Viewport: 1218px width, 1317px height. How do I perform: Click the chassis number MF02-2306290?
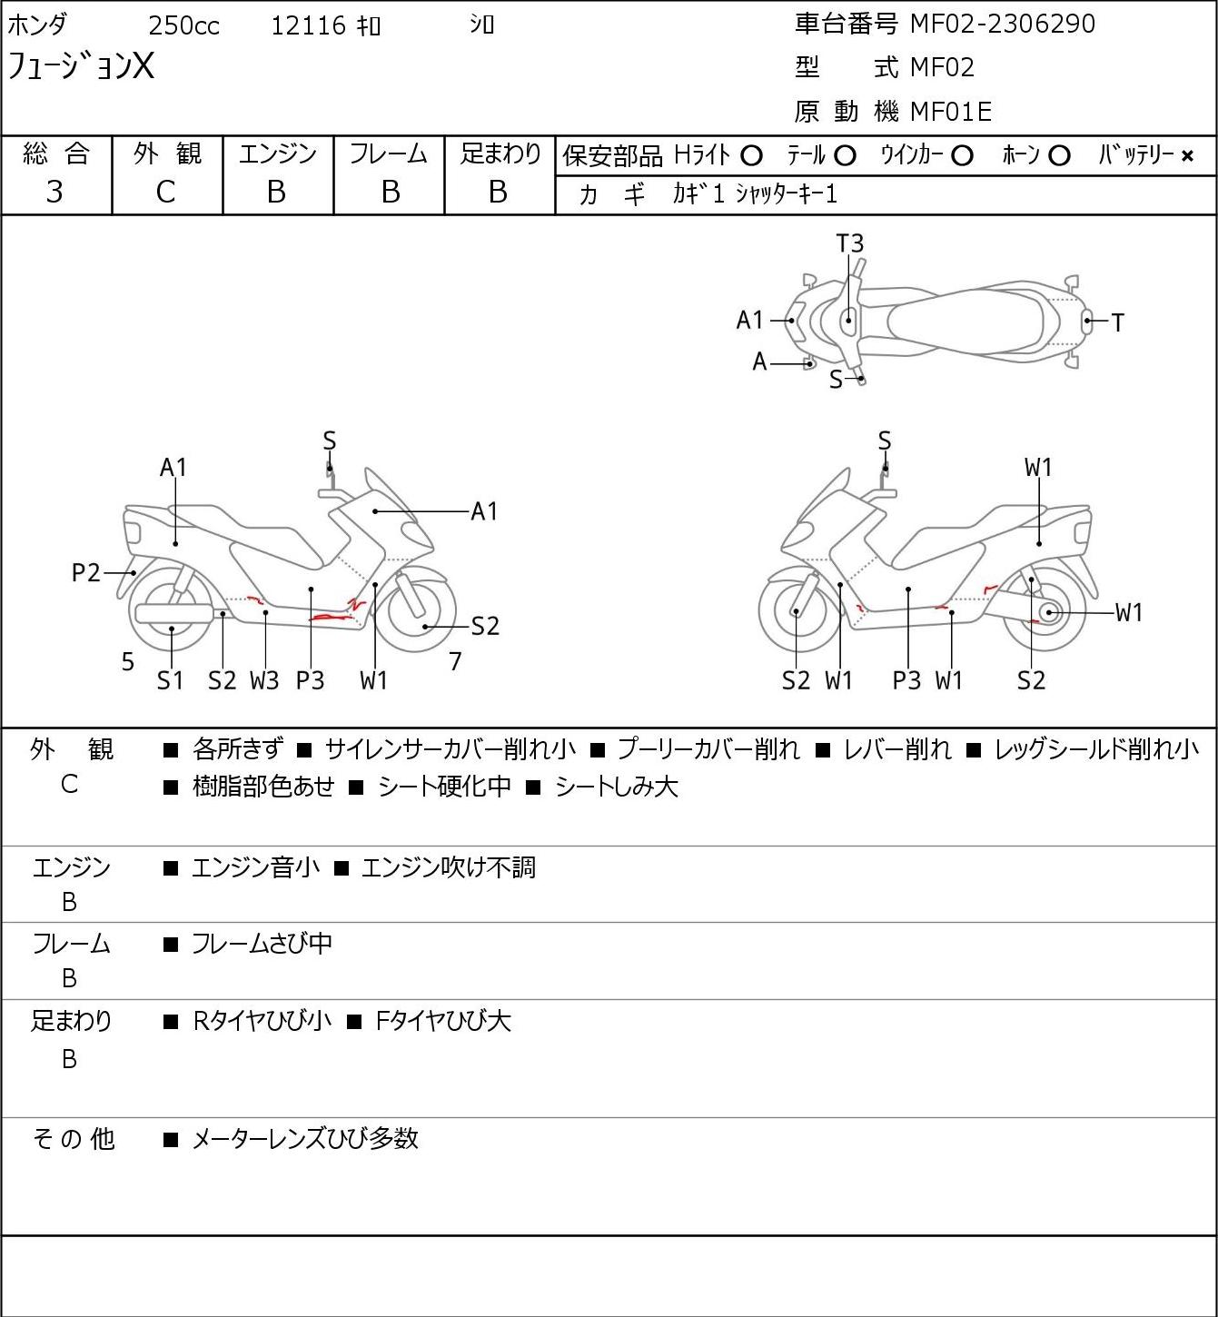click(x=1002, y=24)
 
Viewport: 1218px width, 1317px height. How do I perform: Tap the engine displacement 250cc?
click(x=183, y=25)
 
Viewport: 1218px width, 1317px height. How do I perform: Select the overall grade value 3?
click(x=54, y=192)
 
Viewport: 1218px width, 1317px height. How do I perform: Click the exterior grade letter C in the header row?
click(x=165, y=192)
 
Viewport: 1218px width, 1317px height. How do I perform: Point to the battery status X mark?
click(x=1187, y=156)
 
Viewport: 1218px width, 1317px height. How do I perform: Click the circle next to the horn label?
click(x=1058, y=156)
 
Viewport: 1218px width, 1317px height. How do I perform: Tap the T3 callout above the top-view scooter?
click(x=849, y=243)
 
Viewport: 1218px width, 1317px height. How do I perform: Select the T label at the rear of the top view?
click(x=1117, y=322)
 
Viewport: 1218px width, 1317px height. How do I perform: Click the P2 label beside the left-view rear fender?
click(x=85, y=573)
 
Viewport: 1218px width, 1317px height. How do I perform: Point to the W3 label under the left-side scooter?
click(x=264, y=680)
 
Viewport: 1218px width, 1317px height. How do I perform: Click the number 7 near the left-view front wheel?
click(x=455, y=662)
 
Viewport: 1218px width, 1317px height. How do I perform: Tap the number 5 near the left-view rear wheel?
click(x=128, y=662)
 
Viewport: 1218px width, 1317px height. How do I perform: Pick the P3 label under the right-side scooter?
click(x=906, y=680)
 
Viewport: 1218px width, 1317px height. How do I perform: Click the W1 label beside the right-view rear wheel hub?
click(x=1128, y=613)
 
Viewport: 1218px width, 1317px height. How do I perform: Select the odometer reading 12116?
click(x=308, y=25)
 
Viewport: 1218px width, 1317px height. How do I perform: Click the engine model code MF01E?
click(x=950, y=112)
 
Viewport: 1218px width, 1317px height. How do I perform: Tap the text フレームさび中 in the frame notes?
click(x=262, y=944)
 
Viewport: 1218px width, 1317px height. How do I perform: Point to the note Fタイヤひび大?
click(x=443, y=1021)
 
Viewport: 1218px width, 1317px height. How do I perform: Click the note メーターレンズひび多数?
click(x=304, y=1138)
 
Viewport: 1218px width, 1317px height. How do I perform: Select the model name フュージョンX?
click(x=81, y=66)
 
